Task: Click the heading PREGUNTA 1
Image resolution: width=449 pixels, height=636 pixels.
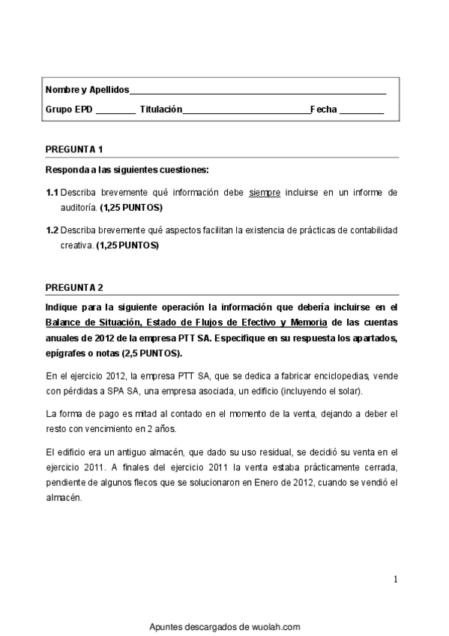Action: click(74, 148)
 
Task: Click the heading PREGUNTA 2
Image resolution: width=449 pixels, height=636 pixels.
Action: click(74, 287)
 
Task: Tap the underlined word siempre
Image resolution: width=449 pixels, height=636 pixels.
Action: click(265, 193)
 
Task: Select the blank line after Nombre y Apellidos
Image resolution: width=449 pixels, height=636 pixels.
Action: click(258, 91)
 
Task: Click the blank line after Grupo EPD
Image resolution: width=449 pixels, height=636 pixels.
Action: click(115, 110)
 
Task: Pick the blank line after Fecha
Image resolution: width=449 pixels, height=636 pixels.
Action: click(361, 110)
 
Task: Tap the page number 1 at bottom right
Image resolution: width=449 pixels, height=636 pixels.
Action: click(395, 579)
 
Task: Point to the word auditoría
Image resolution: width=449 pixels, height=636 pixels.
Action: click(78, 206)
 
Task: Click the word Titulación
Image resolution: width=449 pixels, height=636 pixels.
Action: click(161, 109)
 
